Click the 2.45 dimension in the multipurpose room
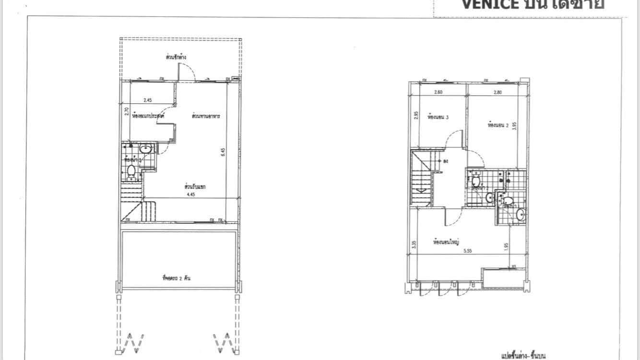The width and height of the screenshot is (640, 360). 148,100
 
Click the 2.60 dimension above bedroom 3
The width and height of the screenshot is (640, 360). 438,93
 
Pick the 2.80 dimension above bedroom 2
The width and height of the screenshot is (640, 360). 497,93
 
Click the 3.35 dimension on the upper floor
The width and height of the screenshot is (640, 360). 414,244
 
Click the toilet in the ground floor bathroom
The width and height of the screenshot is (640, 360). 131,170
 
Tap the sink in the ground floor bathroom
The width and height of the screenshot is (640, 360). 145,149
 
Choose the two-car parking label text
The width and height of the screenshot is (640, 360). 177,277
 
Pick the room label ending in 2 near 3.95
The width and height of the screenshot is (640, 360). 498,125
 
